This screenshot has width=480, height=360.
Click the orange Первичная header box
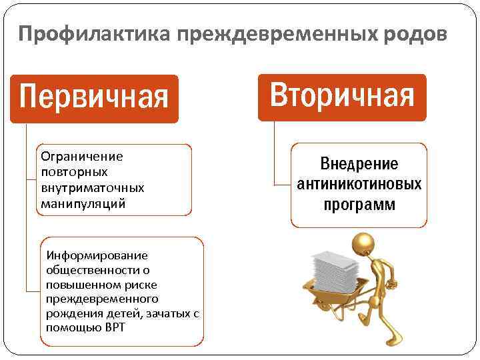pyautogui.click(x=94, y=98)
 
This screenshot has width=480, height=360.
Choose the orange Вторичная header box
pyautogui.click(x=342, y=97)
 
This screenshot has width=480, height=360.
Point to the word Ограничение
pyautogui.click(x=82, y=157)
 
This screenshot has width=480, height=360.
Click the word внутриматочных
pyautogui.click(x=92, y=189)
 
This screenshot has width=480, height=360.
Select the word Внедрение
pyautogui.click(x=359, y=164)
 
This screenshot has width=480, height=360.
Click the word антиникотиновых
pyautogui.click(x=359, y=184)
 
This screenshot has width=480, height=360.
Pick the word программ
pyautogui.click(x=359, y=204)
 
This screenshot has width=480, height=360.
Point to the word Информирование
pyautogui.click(x=97, y=255)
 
